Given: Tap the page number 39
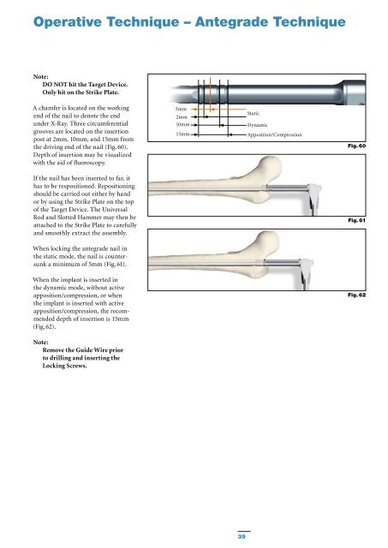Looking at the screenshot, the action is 242,536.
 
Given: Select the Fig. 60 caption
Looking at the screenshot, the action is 356,146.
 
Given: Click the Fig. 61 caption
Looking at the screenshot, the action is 356,220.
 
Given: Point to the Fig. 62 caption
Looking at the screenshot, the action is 356,295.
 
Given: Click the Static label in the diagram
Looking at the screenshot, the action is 253,113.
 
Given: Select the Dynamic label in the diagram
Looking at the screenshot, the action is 257,125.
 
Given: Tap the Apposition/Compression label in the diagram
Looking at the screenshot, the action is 274,134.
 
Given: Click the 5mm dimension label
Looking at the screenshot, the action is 181,109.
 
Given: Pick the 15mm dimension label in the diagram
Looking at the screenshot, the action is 182,134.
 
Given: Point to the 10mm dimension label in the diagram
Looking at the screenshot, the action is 182,124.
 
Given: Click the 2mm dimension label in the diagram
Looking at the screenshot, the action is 182,117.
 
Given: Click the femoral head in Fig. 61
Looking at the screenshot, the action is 270,168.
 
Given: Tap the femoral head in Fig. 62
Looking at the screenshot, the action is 268,241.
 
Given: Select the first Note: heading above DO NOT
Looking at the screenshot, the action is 41,76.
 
